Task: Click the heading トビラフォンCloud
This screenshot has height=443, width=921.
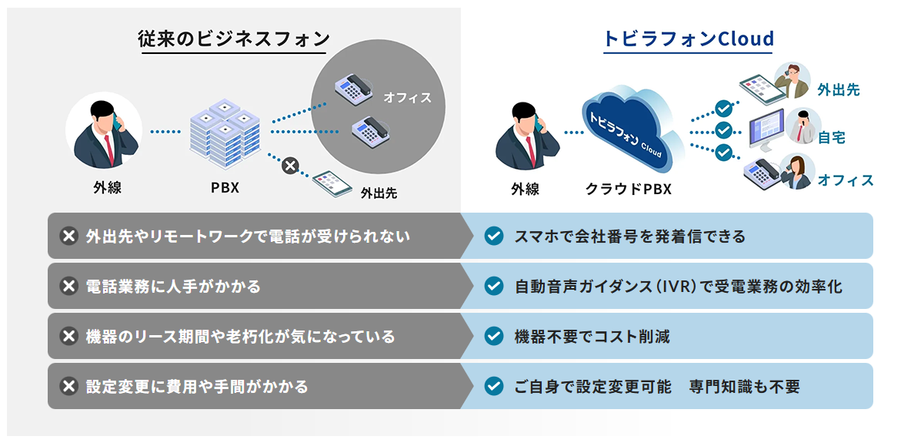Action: tap(689, 39)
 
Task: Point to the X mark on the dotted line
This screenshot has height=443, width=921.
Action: tap(290, 165)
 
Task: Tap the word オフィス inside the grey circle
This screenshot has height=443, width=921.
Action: tap(408, 98)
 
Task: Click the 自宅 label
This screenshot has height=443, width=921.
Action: tap(832, 138)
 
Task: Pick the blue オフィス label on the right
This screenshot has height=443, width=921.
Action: tap(846, 180)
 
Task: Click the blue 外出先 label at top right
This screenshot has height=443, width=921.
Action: tap(838, 89)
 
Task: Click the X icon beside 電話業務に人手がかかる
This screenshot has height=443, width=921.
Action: tap(68, 286)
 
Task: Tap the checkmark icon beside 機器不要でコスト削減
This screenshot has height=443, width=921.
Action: tap(493, 336)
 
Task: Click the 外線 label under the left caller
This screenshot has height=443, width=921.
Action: tap(107, 187)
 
